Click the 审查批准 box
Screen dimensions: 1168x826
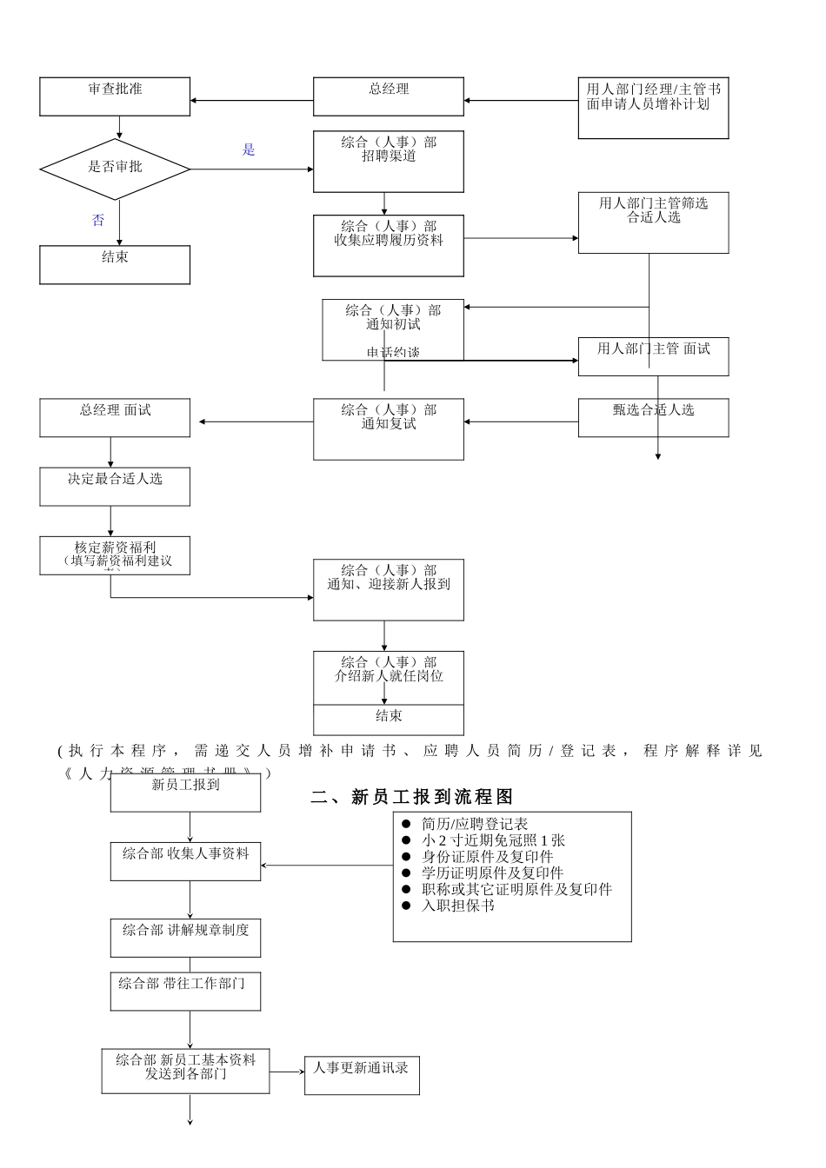click(115, 96)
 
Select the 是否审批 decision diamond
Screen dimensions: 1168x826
click(115, 167)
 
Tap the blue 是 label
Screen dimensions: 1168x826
click(249, 150)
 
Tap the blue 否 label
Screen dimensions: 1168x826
click(98, 221)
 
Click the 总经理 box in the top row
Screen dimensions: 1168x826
click(389, 96)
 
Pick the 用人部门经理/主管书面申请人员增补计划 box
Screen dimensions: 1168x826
click(653, 109)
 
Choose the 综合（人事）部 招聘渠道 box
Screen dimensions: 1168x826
click(389, 162)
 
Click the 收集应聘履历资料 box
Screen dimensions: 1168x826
click(389, 246)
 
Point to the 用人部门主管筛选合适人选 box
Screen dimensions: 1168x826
click(653, 222)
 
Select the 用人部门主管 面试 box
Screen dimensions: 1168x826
click(653, 356)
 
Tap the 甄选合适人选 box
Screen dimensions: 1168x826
click(653, 418)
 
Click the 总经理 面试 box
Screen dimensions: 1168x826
click(115, 418)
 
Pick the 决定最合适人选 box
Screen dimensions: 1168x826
click(115, 487)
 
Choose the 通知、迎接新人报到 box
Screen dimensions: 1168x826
click(389, 590)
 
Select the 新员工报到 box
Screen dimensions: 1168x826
click(185, 793)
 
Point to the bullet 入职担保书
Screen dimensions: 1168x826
click(458, 906)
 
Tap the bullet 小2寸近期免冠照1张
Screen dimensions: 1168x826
click(493, 840)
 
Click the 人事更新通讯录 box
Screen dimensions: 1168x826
click(361, 1075)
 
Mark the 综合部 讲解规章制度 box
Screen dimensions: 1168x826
click(185, 939)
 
